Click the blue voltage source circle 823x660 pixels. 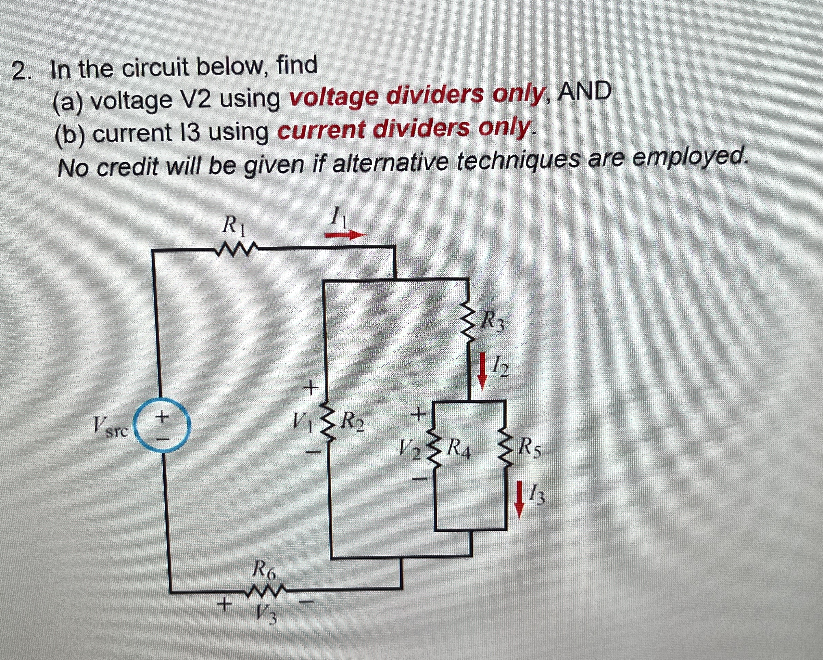click(x=163, y=427)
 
